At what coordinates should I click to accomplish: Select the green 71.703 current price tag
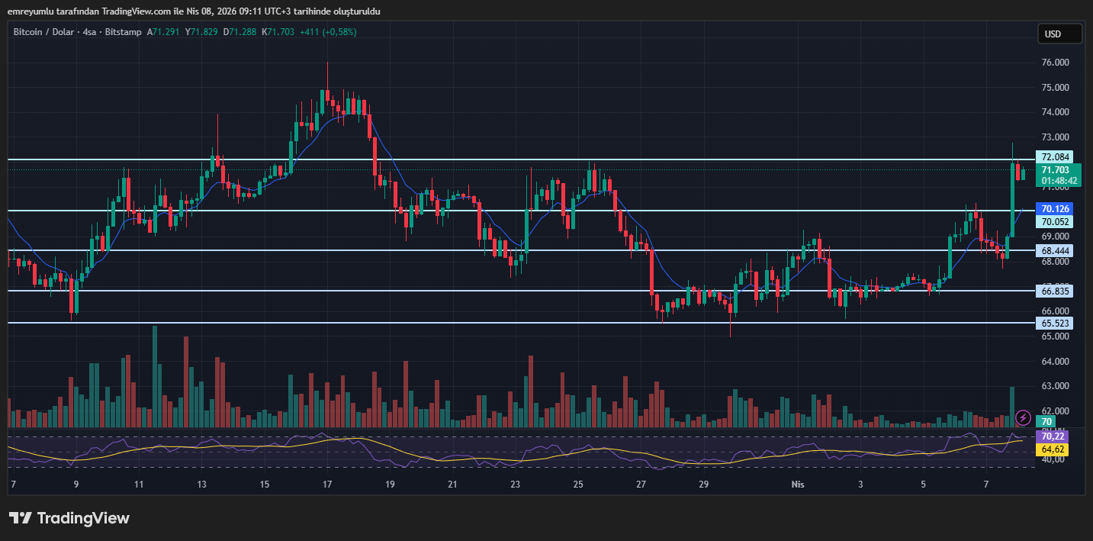click(x=1056, y=170)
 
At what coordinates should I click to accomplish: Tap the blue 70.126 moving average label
click(x=1056, y=208)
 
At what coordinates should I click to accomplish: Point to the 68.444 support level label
click(x=1056, y=250)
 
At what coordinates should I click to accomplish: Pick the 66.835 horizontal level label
click(x=1056, y=291)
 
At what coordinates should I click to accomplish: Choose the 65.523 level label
click(x=1056, y=323)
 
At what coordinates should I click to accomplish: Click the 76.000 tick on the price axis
click(x=1056, y=63)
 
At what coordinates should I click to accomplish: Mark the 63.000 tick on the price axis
click(x=1056, y=386)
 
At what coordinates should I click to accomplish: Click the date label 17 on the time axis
click(x=326, y=485)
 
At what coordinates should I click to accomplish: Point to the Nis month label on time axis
click(x=798, y=485)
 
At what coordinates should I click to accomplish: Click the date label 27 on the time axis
click(x=641, y=485)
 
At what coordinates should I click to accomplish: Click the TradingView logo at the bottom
click(x=69, y=518)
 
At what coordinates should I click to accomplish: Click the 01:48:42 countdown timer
click(x=1059, y=181)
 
